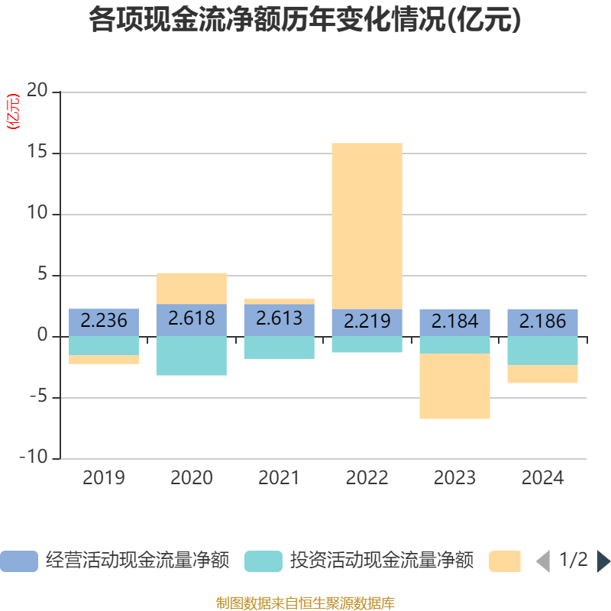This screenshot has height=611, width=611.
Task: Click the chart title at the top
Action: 305,21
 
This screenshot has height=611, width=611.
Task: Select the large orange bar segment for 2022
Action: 367,225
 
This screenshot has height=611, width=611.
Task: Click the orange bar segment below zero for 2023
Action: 454,386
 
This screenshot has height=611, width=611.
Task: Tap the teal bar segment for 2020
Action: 191,355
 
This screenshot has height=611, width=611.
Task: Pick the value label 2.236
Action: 104,320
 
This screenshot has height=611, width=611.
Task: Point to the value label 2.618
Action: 191,318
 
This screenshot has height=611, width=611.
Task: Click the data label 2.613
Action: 279,318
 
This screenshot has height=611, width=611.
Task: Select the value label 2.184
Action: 454,321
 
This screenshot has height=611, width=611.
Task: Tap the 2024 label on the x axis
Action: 542,478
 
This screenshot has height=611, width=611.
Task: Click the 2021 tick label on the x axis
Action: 279,478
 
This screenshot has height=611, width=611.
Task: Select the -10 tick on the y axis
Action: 34,458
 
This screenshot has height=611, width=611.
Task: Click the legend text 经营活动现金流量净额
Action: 137,561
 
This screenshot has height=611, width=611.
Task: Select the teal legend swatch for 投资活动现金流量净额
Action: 263,561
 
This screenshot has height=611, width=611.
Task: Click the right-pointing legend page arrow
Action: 603,561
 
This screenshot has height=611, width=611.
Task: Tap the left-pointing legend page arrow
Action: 543,561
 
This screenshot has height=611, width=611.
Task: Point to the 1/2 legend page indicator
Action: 573,561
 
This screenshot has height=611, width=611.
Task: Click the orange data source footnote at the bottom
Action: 305,603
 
